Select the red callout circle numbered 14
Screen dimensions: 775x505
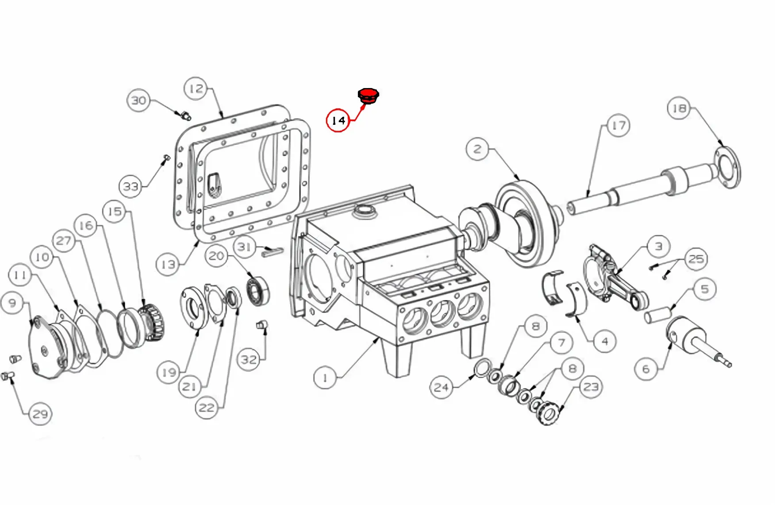point(338,120)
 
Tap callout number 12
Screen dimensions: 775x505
point(196,89)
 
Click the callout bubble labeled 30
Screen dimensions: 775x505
point(139,100)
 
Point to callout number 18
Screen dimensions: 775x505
point(679,108)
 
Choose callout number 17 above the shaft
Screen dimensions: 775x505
point(618,126)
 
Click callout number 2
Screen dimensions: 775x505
point(477,149)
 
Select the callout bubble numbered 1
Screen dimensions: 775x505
point(325,378)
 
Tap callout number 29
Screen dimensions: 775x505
point(40,414)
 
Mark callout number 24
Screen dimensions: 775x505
point(441,387)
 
